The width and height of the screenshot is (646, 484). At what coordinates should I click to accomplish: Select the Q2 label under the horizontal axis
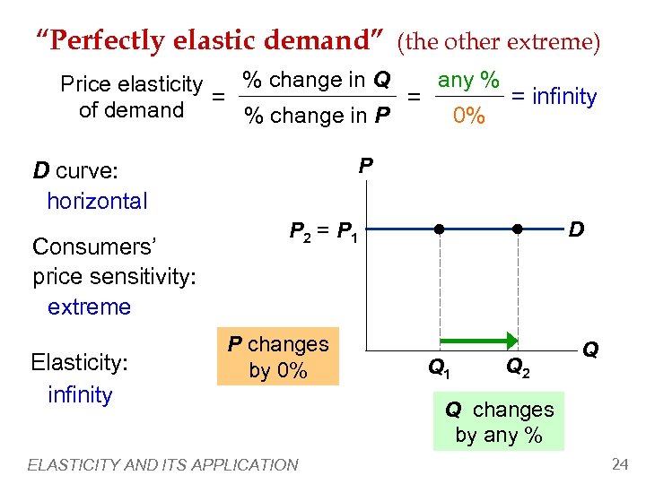(518, 367)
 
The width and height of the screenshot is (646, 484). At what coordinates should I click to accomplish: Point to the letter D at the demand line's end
(576, 229)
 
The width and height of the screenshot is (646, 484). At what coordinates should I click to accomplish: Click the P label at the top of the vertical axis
(366, 166)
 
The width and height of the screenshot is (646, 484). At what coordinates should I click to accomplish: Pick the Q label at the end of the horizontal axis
(591, 349)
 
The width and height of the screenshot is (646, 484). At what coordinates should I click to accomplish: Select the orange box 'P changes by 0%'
(278, 357)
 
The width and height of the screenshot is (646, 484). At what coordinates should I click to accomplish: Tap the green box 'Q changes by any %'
(499, 422)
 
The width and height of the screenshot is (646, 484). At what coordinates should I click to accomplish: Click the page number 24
(619, 463)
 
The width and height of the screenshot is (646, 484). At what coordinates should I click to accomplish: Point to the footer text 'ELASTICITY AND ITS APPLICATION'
(162, 464)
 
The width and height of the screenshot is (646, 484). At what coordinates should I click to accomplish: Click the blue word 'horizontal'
(97, 201)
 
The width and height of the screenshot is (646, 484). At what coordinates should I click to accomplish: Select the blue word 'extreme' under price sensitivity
(89, 307)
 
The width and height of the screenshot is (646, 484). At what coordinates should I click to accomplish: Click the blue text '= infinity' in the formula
(554, 96)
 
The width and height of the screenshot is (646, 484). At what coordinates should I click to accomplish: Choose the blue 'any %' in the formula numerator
(468, 80)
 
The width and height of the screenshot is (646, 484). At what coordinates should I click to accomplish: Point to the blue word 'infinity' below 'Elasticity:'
(80, 394)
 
